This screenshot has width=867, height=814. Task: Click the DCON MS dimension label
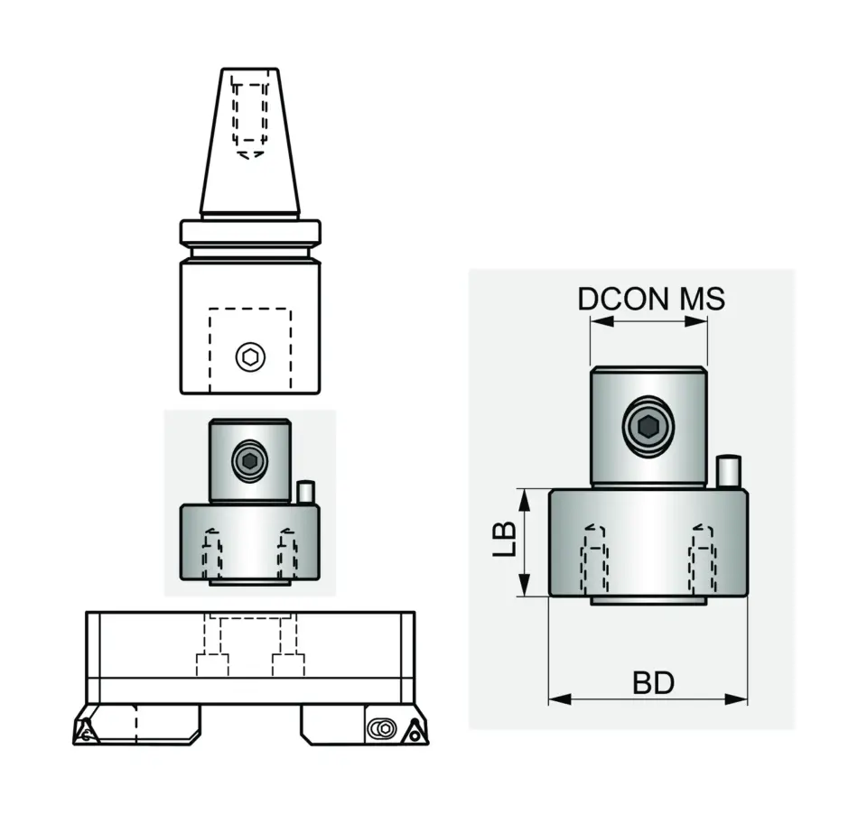tap(650, 299)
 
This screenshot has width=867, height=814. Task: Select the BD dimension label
tap(653, 683)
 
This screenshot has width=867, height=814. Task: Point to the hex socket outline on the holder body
tap(250, 357)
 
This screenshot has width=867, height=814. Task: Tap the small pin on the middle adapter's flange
tap(305, 493)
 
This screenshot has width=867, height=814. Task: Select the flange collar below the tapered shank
tap(249, 233)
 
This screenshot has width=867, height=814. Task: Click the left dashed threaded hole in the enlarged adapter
tap(593, 560)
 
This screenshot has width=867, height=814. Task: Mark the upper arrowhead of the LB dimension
tap(522, 495)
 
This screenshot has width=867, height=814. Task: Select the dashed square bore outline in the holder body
tap(250, 348)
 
